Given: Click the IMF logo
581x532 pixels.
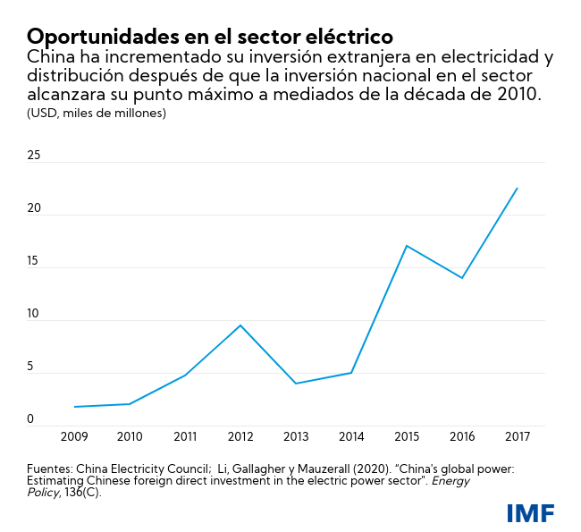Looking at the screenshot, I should pos(530,513).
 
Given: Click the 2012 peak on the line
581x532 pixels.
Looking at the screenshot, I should pos(240,325).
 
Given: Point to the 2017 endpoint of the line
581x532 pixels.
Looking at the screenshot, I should pos(518,188).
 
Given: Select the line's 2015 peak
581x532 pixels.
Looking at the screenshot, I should pos(407,245).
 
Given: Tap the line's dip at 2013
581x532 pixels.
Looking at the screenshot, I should pos(296,384).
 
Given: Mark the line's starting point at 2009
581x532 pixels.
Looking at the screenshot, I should pos(74,407).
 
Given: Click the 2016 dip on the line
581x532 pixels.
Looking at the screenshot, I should pos(462,278).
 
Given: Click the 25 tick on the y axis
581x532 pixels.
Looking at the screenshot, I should pos(34,156).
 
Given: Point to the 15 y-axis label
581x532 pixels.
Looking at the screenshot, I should pos(34,261).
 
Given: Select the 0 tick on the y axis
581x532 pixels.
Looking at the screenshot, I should pos(30,419).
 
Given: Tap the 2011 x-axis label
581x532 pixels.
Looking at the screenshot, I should pos(185,436).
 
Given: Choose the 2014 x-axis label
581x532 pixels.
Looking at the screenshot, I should pos(351,436).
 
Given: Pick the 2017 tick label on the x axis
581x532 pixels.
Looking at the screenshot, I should pos(518,436).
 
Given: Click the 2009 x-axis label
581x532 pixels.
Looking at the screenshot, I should pos(74,436).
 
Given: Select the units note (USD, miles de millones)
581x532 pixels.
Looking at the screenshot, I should pos(96,113).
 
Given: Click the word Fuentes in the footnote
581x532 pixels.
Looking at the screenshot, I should pos(48,468).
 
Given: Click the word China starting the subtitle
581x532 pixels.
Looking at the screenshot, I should pos(52,58).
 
